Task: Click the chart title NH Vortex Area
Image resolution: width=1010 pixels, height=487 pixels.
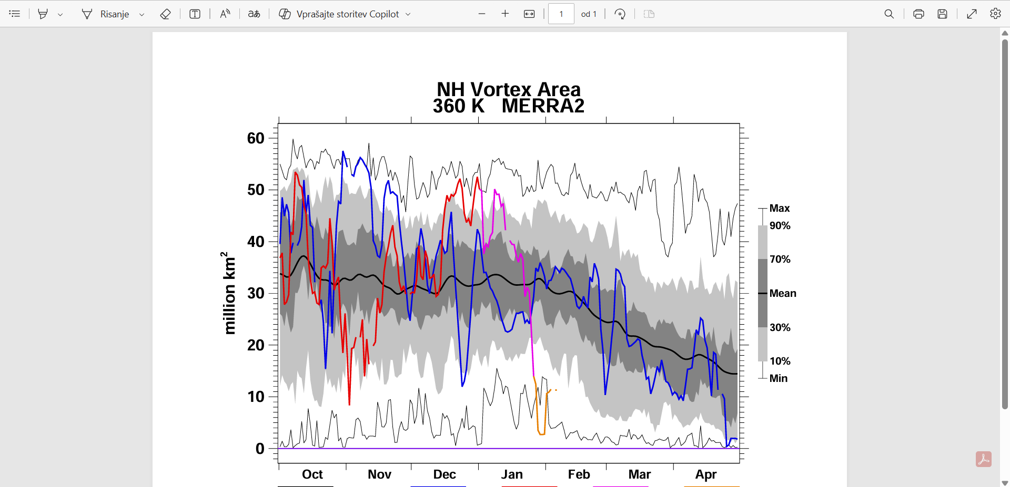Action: click(508, 89)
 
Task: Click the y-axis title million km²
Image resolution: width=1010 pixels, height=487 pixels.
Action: click(228, 293)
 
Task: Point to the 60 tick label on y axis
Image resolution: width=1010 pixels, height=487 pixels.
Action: click(256, 138)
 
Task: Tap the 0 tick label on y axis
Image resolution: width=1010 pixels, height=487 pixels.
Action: click(260, 449)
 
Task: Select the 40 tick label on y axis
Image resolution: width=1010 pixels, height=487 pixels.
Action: click(256, 242)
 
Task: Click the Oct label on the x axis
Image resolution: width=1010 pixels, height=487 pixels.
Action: click(312, 474)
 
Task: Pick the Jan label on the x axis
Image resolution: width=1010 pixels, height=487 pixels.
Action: click(512, 474)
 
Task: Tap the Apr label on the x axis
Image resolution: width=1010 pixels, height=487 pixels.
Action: click(706, 474)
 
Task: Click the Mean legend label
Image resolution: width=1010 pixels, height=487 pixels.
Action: click(783, 293)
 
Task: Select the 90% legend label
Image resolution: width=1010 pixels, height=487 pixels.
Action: click(780, 225)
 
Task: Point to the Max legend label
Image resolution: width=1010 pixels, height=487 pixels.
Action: click(779, 208)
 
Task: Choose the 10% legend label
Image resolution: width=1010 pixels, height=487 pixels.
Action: click(780, 361)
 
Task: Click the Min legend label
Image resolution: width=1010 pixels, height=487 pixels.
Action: click(778, 378)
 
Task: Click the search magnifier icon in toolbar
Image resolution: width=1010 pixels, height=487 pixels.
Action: click(889, 14)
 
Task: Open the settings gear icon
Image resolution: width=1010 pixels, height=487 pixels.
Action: click(995, 14)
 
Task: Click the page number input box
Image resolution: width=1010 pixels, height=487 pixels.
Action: click(561, 14)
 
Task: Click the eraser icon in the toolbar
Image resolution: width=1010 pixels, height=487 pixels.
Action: click(165, 14)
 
